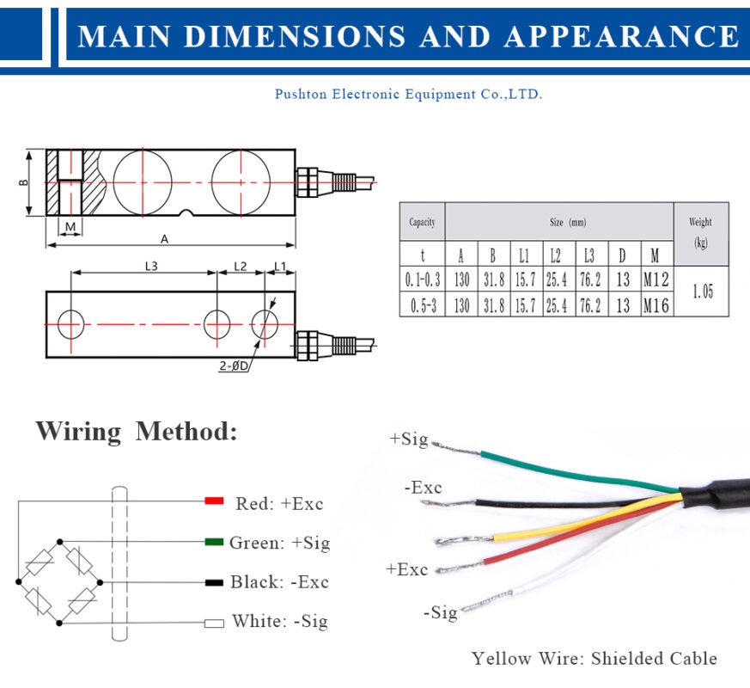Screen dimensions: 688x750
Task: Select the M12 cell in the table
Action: [x=655, y=279]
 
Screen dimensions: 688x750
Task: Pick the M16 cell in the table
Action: [x=655, y=305]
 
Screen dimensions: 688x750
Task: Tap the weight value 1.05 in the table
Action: [x=702, y=292]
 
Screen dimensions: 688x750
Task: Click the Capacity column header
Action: [x=422, y=222]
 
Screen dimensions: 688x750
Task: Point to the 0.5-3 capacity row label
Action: [x=422, y=305]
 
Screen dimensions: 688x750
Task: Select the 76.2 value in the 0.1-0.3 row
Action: [x=589, y=279]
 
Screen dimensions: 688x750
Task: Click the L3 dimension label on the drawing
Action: [x=150, y=267]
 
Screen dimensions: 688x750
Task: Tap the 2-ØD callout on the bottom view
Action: [x=234, y=365]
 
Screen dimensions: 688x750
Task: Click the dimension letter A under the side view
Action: [x=164, y=238]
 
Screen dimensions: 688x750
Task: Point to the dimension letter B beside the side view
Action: [x=24, y=182]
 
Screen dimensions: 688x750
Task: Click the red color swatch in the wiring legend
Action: [x=214, y=501]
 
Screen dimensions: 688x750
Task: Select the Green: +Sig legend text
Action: [x=279, y=543]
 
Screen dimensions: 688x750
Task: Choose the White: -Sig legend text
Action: [x=279, y=621]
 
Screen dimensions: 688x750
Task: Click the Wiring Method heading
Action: [x=136, y=431]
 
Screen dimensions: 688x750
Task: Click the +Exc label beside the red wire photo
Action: [x=406, y=568]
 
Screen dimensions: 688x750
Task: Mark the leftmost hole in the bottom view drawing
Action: [x=71, y=324]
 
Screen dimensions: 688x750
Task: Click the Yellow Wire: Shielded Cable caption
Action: [x=594, y=659]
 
